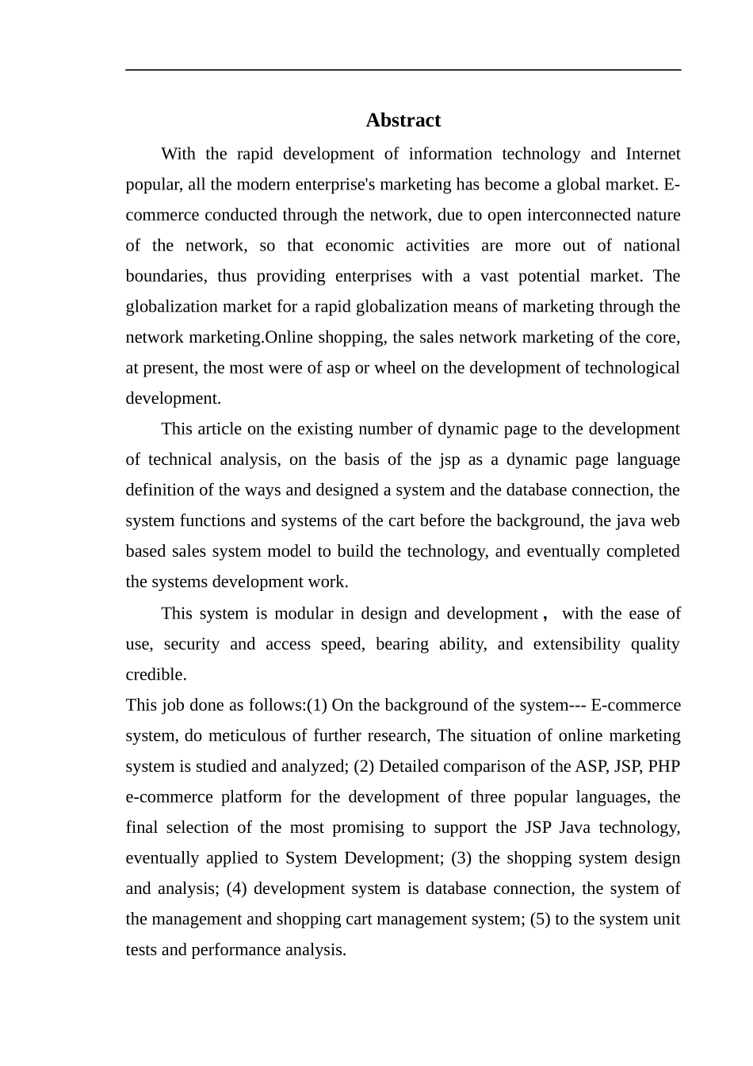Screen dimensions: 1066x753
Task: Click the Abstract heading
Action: pyautogui.click(x=403, y=121)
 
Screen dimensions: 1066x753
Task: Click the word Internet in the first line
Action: pyautogui.click(x=652, y=154)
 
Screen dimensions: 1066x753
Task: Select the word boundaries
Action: pyautogui.click(x=163, y=276)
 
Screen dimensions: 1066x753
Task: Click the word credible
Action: pyautogui.click(x=156, y=675)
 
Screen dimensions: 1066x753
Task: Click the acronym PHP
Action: pyautogui.click(x=663, y=767)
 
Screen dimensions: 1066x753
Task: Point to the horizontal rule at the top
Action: pyautogui.click(x=403, y=70)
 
